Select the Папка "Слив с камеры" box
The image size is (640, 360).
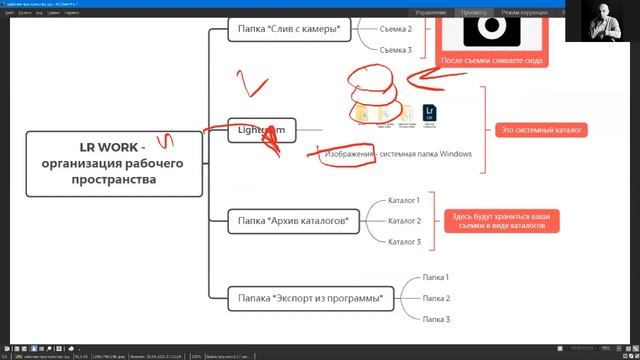click(x=290, y=29)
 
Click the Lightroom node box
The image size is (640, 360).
click(x=262, y=130)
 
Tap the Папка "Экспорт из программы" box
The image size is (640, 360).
click(x=311, y=297)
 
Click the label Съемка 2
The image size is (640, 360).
click(x=396, y=29)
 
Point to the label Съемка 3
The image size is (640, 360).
click(x=396, y=49)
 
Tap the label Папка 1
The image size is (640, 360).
click(x=435, y=277)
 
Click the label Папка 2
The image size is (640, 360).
click(x=435, y=298)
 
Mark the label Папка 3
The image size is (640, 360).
click(x=435, y=318)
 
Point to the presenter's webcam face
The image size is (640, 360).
click(x=603, y=20)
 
